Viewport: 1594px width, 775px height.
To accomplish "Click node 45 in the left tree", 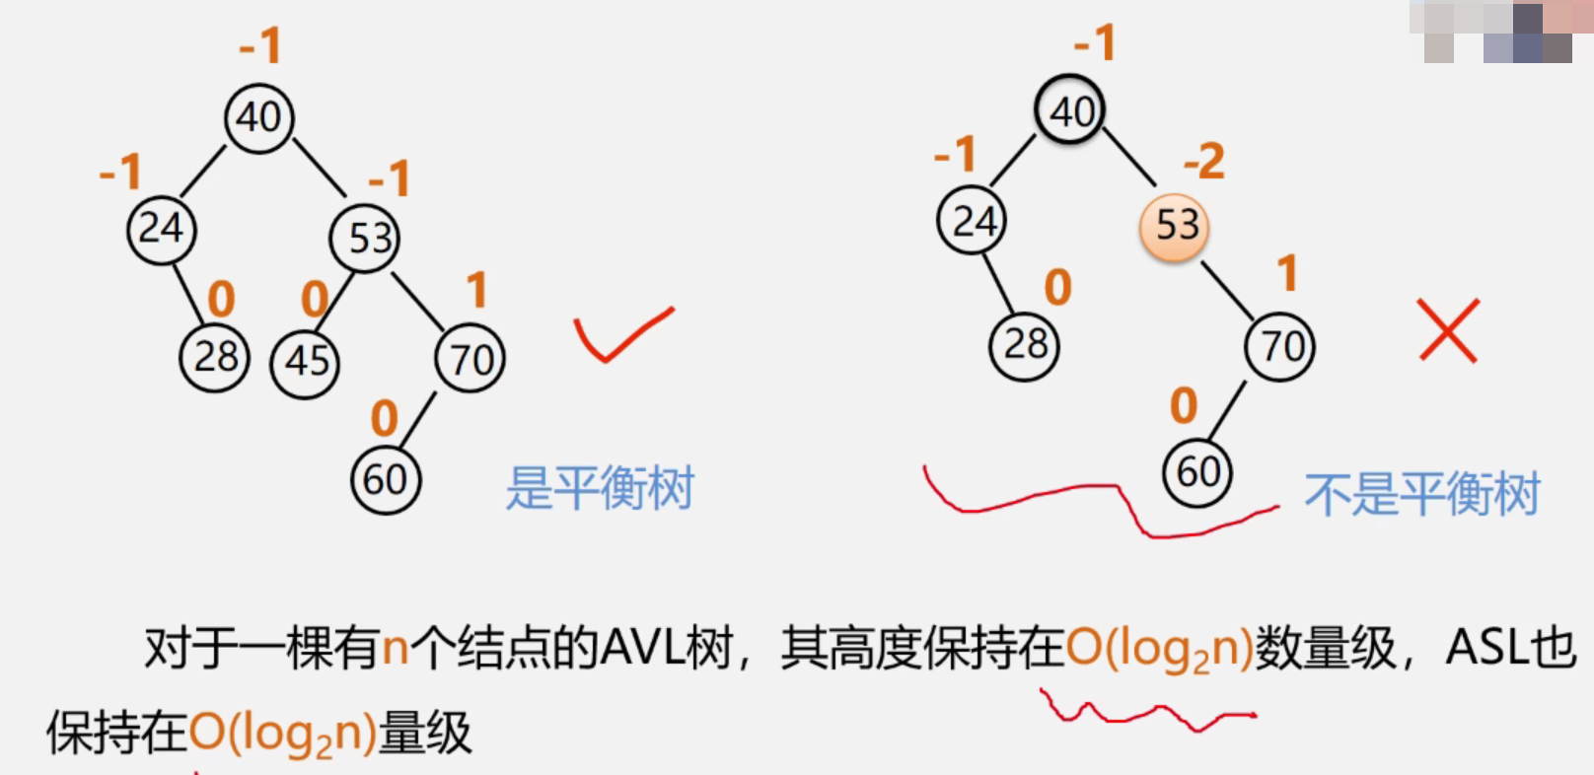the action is coord(306,363).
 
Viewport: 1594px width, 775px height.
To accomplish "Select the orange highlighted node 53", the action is coord(1174,227).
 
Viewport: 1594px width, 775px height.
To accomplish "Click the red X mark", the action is coord(1448,330).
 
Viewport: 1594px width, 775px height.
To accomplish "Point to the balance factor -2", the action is coord(1204,161).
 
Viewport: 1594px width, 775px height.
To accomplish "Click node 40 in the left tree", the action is coord(258,118).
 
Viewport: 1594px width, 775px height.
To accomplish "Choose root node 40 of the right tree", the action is coord(1070,110).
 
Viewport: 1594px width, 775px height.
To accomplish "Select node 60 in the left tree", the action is coord(386,480).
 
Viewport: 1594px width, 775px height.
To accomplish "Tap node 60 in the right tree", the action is coord(1197,472).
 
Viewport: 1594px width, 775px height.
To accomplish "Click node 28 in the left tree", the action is coord(214,357).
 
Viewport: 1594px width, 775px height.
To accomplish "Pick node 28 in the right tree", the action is coord(1025,345).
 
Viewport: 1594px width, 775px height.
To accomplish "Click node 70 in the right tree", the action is coord(1280,347).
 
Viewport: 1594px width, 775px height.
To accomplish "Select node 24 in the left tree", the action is coord(162,230).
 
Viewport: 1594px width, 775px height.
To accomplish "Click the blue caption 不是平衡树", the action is coord(1421,494).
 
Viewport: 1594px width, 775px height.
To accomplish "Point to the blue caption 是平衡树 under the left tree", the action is coord(600,488).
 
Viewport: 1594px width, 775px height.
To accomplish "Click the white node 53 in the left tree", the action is coord(366,239).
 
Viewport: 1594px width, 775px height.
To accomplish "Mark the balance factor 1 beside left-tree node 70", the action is coord(477,290).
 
